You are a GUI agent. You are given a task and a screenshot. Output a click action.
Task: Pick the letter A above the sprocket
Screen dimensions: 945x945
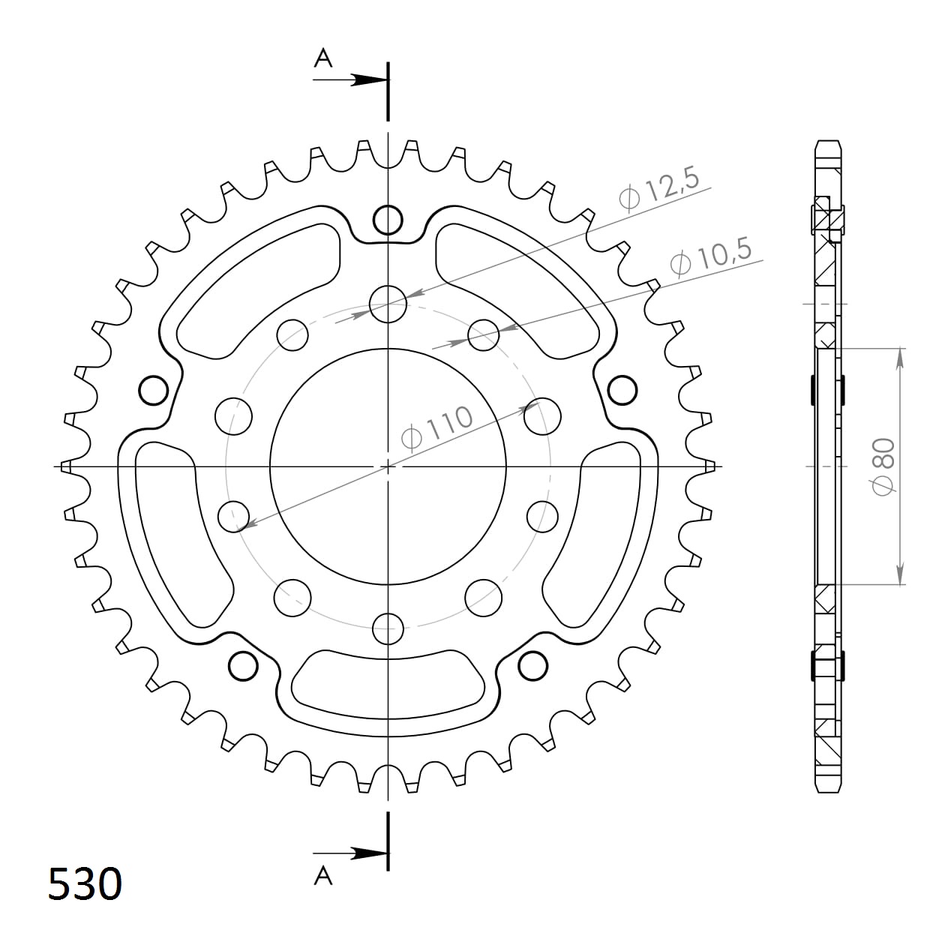(322, 58)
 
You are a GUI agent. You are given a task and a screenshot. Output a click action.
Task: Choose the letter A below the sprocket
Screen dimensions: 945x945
(322, 874)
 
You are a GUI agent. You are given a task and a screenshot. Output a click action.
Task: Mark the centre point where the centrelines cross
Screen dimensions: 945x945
(388, 466)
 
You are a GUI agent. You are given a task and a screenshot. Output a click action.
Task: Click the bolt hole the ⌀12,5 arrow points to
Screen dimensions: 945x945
(388, 304)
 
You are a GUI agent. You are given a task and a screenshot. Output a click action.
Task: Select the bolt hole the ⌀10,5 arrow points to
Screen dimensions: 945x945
(484, 335)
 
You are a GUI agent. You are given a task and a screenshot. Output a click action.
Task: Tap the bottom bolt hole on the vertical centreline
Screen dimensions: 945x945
(388, 628)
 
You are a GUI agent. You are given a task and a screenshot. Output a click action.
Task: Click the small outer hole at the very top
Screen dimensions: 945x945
(388, 220)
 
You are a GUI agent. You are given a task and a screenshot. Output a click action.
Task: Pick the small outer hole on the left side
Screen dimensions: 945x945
(154, 390)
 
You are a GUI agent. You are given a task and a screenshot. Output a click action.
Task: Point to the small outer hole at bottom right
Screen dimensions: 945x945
(532, 664)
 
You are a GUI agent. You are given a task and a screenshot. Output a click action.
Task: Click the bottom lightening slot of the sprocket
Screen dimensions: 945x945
(388, 682)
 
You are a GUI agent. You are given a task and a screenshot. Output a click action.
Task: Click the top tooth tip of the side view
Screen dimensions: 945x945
(828, 142)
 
